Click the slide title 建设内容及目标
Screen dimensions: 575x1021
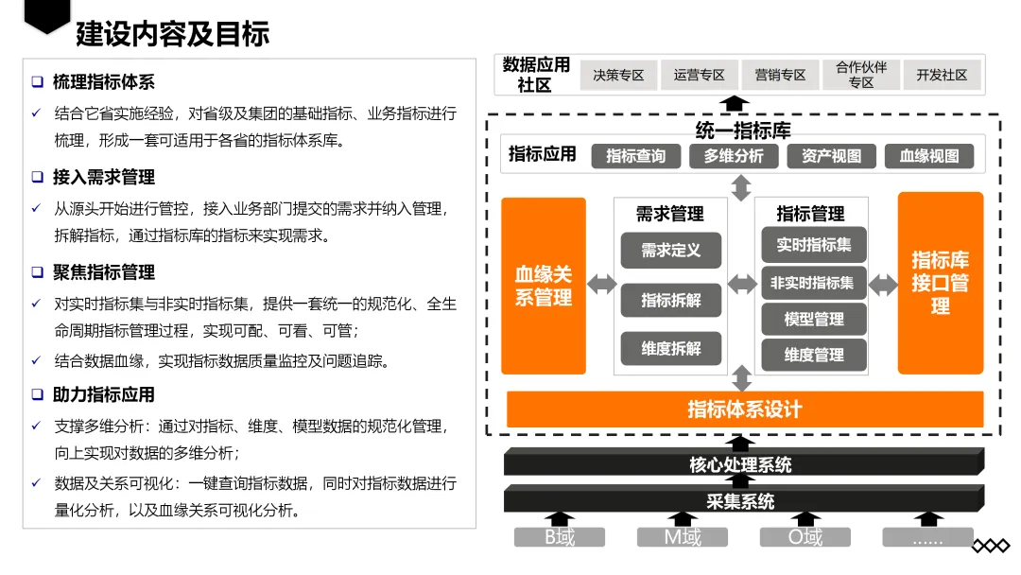tap(172, 35)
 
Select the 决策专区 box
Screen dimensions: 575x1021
tap(618, 76)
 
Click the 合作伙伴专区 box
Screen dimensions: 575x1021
tap(860, 76)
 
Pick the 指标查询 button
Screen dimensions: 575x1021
tap(635, 156)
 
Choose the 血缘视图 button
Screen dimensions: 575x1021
tap(929, 156)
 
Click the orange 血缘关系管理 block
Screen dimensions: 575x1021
tap(544, 286)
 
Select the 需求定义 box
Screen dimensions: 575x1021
tap(671, 251)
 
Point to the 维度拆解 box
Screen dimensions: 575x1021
tap(671, 349)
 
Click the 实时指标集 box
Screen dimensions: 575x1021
tap(814, 245)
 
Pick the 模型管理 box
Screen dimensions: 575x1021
tap(814, 320)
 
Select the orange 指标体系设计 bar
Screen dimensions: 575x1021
tap(744, 409)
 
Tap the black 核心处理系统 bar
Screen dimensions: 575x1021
tap(741, 464)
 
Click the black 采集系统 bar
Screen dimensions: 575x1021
tap(741, 501)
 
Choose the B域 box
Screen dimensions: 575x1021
tap(559, 538)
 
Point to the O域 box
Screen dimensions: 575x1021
tap(805, 538)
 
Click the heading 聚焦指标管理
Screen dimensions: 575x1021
tap(104, 272)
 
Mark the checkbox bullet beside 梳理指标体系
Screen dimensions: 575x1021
tap(37, 82)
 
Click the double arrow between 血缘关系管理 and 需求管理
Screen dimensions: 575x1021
tap(599, 285)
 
